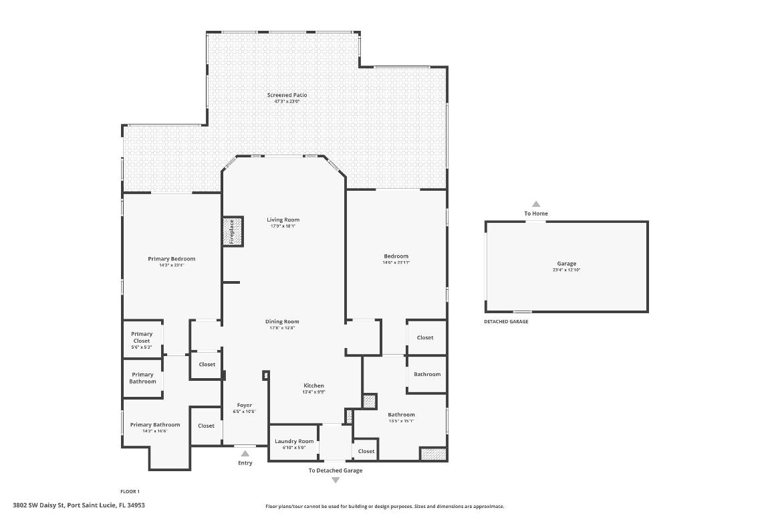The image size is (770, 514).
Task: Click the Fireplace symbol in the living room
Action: pyautogui.click(x=232, y=231)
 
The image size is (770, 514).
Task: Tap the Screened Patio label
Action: pyautogui.click(x=287, y=95)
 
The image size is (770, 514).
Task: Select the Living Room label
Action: pyautogui.click(x=283, y=220)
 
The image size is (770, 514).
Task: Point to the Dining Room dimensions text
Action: pyautogui.click(x=282, y=328)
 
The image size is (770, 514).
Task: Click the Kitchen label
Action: pyautogui.click(x=313, y=385)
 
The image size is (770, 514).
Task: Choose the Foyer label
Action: pyautogui.click(x=245, y=405)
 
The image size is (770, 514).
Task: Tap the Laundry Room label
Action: pyautogui.click(x=294, y=441)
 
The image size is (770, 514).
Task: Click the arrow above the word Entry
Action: pyautogui.click(x=245, y=454)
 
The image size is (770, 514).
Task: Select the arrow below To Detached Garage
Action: pyautogui.click(x=336, y=480)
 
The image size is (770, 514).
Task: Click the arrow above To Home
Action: pyautogui.click(x=535, y=204)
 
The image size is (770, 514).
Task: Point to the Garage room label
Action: pyautogui.click(x=566, y=264)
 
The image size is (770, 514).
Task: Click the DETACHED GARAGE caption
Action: pyautogui.click(x=506, y=321)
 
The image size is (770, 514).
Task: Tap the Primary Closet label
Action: pyautogui.click(x=142, y=337)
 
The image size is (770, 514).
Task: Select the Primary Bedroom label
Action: pyautogui.click(x=171, y=259)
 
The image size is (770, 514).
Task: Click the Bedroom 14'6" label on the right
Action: pyautogui.click(x=396, y=256)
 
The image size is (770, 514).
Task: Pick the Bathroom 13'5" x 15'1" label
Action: pyautogui.click(x=401, y=415)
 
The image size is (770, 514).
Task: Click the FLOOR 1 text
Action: pyautogui.click(x=130, y=491)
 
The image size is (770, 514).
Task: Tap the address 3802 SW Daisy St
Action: pyautogui.click(x=79, y=505)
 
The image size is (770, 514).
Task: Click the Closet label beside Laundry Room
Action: pyautogui.click(x=366, y=451)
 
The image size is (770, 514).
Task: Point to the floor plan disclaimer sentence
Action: pyautogui.click(x=384, y=507)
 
